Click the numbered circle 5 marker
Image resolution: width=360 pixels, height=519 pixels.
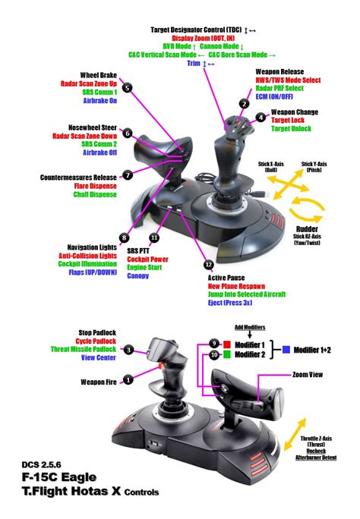click(128, 88)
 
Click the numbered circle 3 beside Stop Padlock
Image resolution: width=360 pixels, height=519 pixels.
click(129, 350)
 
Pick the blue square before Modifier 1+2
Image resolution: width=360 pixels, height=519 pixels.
click(286, 349)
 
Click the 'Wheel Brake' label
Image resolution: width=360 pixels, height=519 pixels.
click(98, 76)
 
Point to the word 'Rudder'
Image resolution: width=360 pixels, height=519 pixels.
click(305, 228)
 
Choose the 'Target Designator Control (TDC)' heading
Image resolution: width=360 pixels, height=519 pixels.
click(203, 29)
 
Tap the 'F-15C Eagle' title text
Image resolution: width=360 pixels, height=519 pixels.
click(55, 478)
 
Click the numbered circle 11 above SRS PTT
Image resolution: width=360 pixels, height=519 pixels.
click(154, 237)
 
